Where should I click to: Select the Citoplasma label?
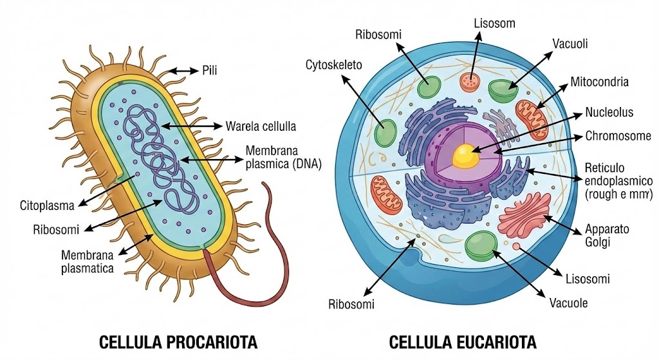46,206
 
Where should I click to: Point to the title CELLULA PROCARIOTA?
178,341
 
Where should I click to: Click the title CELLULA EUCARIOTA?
463,341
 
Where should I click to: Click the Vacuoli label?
570,44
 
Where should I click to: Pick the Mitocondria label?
599,82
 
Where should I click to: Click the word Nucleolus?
609,113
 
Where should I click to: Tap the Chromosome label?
618,137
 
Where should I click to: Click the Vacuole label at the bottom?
568,303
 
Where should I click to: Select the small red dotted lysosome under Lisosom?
470,81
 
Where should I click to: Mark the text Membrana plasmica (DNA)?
283,156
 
